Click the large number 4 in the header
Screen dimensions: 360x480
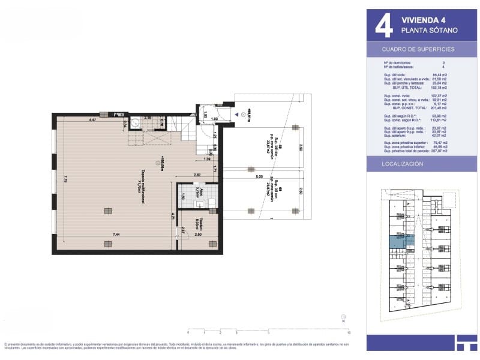(383, 24)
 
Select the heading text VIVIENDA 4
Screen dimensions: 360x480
(423, 19)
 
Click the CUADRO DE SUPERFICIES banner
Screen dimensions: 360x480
(418, 49)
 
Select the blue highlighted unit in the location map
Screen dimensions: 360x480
(397, 242)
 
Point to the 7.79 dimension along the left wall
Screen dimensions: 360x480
(64, 178)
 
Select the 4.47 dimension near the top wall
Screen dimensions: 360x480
(93, 121)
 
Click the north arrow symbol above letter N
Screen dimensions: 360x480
(343, 316)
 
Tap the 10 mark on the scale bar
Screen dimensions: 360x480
(349, 332)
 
